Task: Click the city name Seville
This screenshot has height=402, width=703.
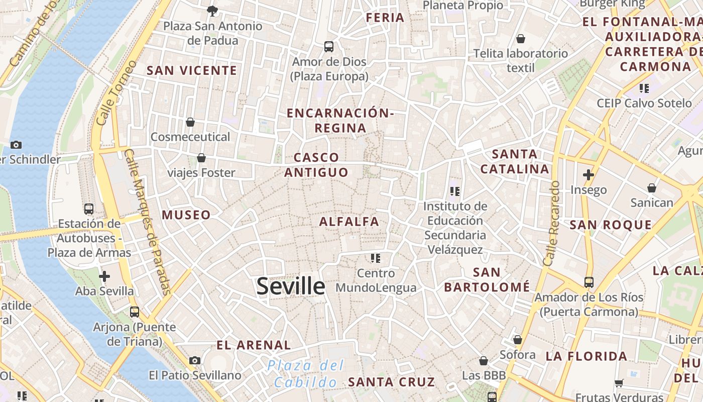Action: (291, 286)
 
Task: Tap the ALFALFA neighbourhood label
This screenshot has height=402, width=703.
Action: (349, 222)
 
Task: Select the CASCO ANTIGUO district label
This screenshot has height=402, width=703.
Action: (316, 165)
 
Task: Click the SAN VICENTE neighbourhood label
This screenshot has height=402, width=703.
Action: (191, 71)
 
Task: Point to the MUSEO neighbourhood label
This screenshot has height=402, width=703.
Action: (186, 215)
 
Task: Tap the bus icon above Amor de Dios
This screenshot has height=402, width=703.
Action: (329, 47)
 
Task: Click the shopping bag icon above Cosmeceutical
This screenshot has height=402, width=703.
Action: (190, 122)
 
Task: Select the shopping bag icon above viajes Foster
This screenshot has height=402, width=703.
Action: (201, 158)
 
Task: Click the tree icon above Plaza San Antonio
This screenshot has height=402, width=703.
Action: (212, 11)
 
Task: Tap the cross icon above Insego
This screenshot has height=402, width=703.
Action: (589, 175)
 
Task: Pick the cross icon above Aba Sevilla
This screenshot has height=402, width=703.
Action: (104, 276)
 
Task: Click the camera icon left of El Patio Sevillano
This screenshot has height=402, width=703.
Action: (195, 360)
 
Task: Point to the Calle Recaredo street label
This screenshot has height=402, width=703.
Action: (551, 223)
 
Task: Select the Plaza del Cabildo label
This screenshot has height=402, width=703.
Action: (306, 373)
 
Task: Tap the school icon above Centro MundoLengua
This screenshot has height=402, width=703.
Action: (376, 258)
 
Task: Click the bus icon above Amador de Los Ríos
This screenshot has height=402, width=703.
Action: (589, 282)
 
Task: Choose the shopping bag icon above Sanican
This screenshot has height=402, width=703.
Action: (652, 188)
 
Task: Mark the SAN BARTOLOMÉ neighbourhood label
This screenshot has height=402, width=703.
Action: (487, 280)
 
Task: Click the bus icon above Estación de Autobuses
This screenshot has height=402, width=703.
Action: (89, 209)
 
